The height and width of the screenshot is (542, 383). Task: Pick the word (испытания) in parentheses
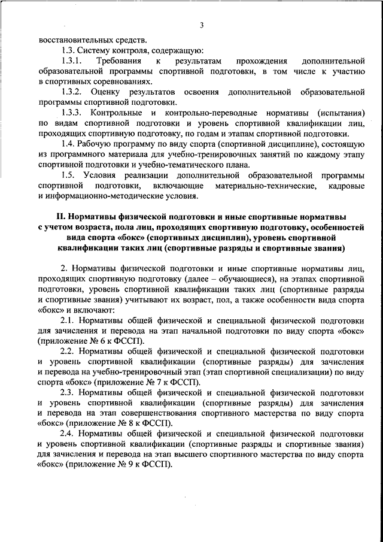[338, 113]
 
